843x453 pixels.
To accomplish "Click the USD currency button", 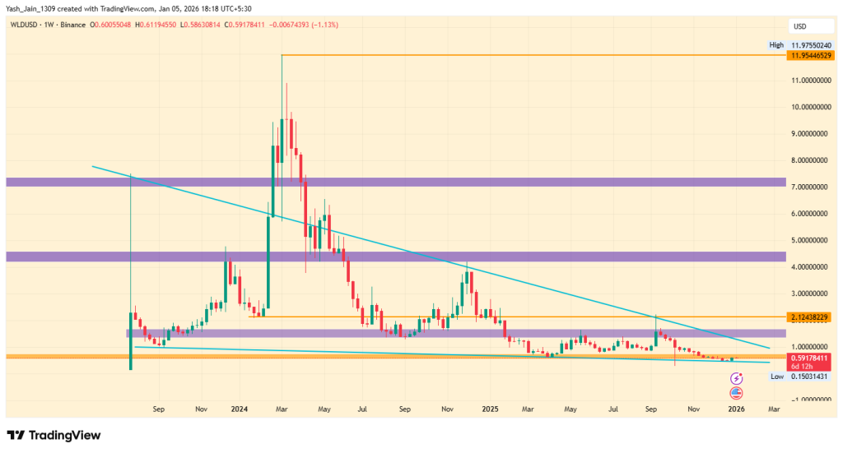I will coord(798,25).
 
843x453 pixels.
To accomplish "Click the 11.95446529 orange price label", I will coord(810,55).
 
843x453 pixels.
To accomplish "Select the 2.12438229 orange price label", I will coord(810,317).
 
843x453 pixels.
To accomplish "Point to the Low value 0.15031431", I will coord(810,376).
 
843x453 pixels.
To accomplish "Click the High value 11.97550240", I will coord(810,45).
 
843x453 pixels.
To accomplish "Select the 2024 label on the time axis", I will coord(240,408).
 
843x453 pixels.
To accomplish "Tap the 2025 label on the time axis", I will coord(490,408).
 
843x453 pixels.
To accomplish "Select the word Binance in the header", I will coord(75,25).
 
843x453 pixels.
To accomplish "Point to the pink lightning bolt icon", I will coord(737,378).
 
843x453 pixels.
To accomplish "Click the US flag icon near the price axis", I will coord(737,392).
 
